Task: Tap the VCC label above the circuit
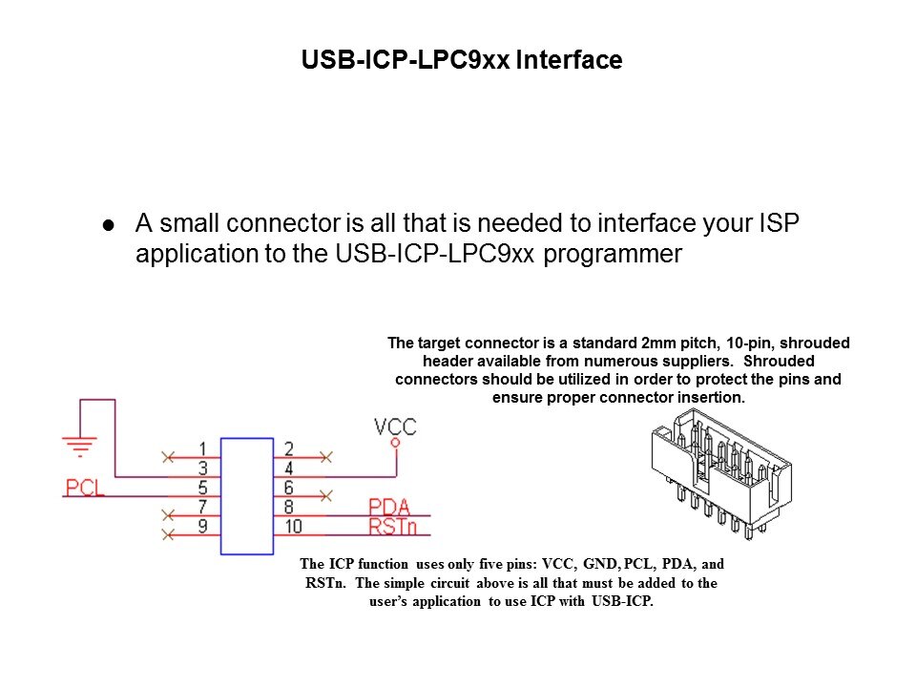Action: (395, 427)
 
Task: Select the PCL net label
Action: (85, 488)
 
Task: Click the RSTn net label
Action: (391, 525)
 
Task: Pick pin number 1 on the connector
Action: (203, 448)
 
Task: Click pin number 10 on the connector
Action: (292, 525)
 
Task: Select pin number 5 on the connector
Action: (203, 487)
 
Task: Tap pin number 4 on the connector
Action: (288, 468)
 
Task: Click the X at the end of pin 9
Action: (169, 533)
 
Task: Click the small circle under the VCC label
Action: (395, 443)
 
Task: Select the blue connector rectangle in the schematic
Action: (246, 495)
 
